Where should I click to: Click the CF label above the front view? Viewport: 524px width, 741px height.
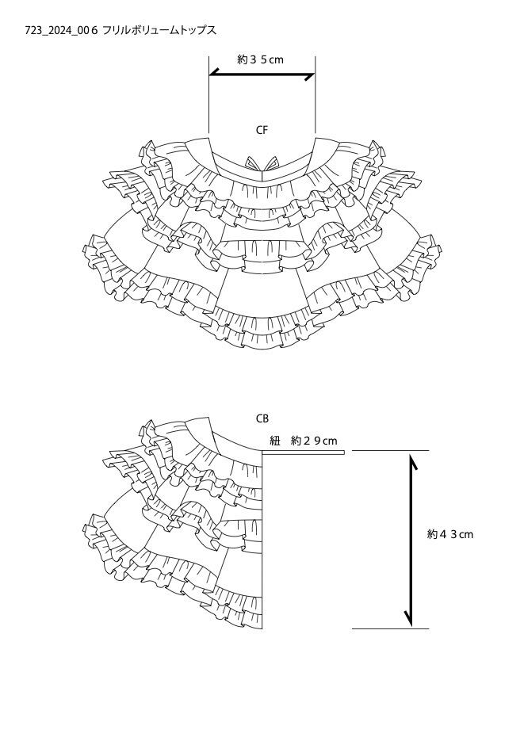[x=262, y=130]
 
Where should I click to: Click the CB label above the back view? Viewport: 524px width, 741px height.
[x=262, y=418]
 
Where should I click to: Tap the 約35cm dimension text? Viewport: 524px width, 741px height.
[x=260, y=59]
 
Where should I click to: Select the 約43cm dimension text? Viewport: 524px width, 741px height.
[x=449, y=534]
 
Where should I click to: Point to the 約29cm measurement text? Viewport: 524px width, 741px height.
[x=314, y=441]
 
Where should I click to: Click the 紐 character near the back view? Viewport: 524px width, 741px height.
[x=275, y=441]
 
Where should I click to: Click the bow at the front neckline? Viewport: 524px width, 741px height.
[x=262, y=164]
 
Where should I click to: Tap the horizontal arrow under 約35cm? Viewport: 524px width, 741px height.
[x=262, y=74]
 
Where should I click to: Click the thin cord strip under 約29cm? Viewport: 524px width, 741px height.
[x=304, y=453]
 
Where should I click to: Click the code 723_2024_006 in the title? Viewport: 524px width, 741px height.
[x=61, y=31]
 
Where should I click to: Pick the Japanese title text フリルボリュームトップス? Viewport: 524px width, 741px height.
[x=159, y=31]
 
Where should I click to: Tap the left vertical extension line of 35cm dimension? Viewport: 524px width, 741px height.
[x=208, y=94]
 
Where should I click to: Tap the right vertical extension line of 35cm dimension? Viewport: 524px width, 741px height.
[x=316, y=94]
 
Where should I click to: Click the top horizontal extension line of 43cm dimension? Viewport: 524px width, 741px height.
[x=390, y=450]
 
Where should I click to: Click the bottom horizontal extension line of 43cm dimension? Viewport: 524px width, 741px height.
[x=390, y=628]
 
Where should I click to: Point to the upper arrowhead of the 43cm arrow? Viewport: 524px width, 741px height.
[x=413, y=461]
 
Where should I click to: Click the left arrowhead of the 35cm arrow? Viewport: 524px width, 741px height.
[x=215, y=72]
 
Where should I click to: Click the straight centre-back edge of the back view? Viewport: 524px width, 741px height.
[x=262, y=540]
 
